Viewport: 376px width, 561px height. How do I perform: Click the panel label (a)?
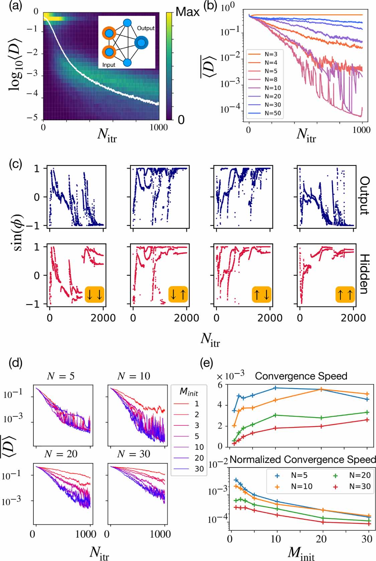(x=15, y=7)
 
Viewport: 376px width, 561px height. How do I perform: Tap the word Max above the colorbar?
(x=187, y=12)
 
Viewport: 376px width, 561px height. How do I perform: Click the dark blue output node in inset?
(x=141, y=43)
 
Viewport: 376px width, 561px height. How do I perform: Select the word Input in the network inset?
(x=109, y=65)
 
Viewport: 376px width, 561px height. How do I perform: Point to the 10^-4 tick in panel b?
(x=230, y=109)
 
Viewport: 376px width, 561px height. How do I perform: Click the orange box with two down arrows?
(x=95, y=294)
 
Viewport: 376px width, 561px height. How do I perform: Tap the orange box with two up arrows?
(x=345, y=294)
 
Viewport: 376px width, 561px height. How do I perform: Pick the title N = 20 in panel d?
(x=61, y=454)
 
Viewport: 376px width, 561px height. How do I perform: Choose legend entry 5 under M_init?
(x=197, y=436)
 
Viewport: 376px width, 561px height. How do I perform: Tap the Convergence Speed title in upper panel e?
(x=301, y=376)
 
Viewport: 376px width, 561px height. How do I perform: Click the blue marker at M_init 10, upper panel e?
(x=275, y=388)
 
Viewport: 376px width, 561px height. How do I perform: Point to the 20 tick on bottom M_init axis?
(x=321, y=539)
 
